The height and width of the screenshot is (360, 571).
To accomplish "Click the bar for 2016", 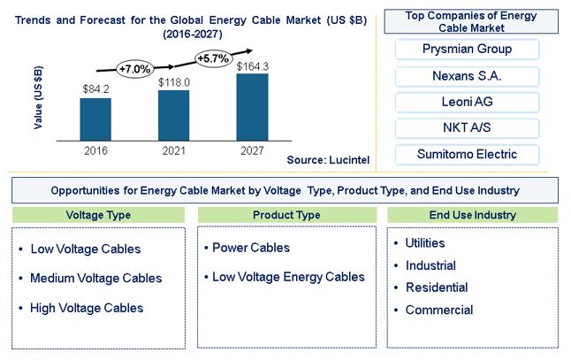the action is click(x=95, y=119).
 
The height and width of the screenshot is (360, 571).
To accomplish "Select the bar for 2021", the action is click(x=174, y=115).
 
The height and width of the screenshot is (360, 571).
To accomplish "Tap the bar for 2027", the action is click(x=253, y=107).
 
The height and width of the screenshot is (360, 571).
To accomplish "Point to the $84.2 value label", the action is click(x=95, y=89).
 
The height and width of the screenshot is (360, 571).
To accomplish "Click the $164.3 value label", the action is click(x=253, y=66).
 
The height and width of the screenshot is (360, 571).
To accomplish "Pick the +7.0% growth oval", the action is click(x=135, y=69).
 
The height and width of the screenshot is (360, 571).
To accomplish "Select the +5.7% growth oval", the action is click(x=214, y=58).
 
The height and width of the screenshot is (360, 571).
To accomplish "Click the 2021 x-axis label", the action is click(x=174, y=150).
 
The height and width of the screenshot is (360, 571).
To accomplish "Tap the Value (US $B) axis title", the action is click(x=38, y=97).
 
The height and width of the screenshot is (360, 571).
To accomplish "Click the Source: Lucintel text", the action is click(x=328, y=159).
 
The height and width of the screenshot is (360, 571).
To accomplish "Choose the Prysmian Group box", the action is click(x=467, y=50).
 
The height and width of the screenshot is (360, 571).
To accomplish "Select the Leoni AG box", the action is click(x=467, y=102).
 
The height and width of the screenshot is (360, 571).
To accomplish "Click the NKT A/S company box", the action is click(x=467, y=128).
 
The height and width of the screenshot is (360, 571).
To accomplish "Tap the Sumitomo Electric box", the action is click(x=467, y=155).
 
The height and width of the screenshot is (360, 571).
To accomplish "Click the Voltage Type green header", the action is click(x=98, y=215).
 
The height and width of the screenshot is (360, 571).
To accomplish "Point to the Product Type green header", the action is click(x=287, y=215).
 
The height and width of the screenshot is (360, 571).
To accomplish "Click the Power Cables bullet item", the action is click(x=247, y=248).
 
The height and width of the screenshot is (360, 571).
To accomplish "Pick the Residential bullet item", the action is click(x=431, y=287).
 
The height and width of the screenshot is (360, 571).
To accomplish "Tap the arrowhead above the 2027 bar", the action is click(x=249, y=51).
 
